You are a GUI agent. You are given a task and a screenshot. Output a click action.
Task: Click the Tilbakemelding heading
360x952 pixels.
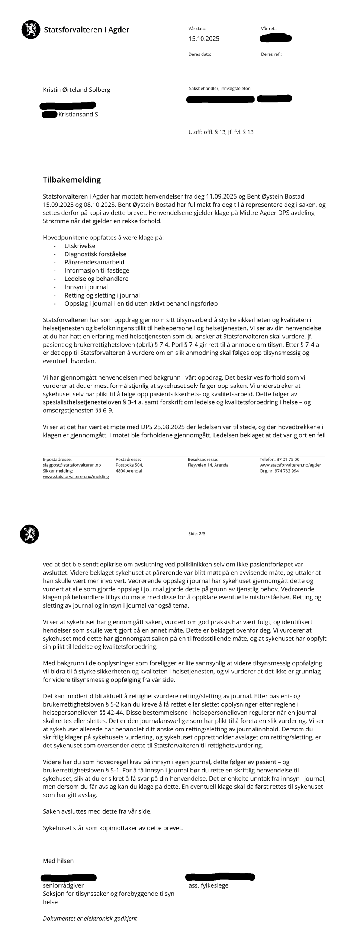coord(72,180)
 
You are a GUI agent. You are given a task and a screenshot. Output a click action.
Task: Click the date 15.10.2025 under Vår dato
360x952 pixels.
coord(204,39)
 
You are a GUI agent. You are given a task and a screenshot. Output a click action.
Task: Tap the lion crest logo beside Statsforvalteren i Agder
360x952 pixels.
coord(30,30)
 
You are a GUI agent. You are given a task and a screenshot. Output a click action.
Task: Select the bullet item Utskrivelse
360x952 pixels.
coord(80,246)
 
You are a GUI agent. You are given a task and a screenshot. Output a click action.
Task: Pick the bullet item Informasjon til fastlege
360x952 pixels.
coord(97,270)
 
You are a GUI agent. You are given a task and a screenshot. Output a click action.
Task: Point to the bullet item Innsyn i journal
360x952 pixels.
coord(86,287)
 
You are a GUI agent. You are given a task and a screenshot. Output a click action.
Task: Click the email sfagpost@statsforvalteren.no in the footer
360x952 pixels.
coord(72,465)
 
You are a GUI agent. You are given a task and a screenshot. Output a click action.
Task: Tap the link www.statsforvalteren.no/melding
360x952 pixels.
coord(76,476)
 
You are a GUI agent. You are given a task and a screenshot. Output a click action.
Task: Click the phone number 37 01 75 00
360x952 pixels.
coord(288,459)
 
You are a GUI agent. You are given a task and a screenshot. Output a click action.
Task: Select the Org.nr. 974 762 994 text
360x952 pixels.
coord(279,471)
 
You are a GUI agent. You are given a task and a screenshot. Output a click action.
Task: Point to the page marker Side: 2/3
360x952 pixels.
coord(197,534)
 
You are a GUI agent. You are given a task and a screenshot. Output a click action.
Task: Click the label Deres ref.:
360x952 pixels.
coord(271,54)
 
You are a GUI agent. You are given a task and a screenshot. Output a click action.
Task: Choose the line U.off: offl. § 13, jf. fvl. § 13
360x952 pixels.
coord(221,132)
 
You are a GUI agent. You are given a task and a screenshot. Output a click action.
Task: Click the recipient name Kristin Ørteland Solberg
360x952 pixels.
coord(77,90)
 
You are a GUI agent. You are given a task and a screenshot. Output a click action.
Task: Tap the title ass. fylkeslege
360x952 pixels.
coord(208,885)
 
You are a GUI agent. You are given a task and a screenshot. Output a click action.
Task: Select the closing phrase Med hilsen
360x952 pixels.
coord(58,861)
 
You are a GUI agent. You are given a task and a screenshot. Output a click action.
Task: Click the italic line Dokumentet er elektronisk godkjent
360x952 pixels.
coord(90,919)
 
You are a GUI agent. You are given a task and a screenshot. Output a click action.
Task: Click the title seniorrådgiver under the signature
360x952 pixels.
coord(63,885)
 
